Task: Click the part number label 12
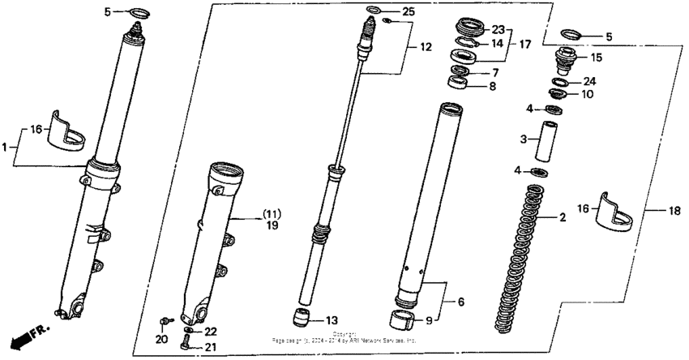426,48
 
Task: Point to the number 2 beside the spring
562,217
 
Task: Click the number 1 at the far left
5,148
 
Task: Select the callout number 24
589,81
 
